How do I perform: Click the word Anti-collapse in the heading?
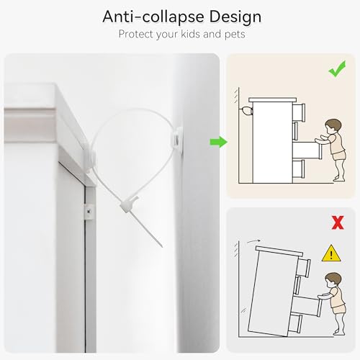153,17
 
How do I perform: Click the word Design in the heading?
235,17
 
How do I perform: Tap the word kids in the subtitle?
190,34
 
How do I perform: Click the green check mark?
337,69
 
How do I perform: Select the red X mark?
338,222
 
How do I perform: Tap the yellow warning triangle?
331,253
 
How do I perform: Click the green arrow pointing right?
219,142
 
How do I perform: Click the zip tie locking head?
127,204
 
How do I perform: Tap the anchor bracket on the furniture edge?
89,157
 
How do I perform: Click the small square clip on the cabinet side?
89,212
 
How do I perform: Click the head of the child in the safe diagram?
333,127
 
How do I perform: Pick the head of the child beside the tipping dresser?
333,280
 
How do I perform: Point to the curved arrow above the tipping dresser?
253,241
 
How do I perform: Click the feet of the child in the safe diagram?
339,179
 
